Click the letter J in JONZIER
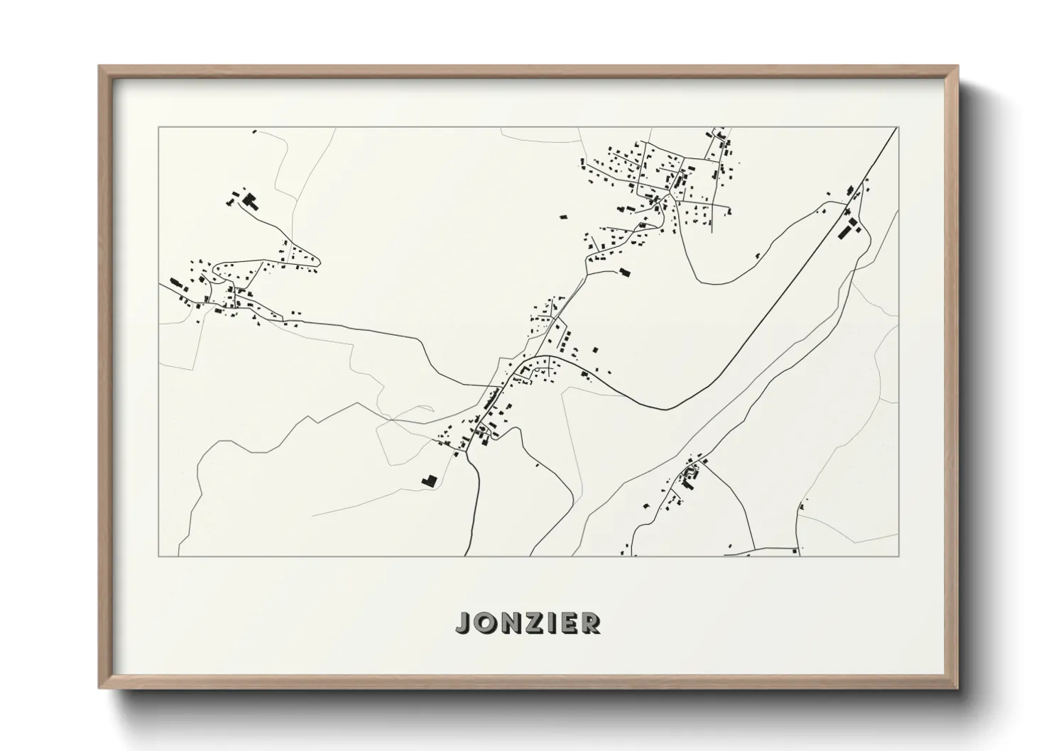click(x=464, y=624)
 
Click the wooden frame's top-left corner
click(x=99, y=67)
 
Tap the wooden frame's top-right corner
click(x=957, y=67)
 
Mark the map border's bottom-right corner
click(x=898, y=556)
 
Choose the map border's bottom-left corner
click(x=159, y=556)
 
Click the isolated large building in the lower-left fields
click(x=428, y=481)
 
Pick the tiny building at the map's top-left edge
click(x=254, y=131)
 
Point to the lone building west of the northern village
click(x=564, y=216)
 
